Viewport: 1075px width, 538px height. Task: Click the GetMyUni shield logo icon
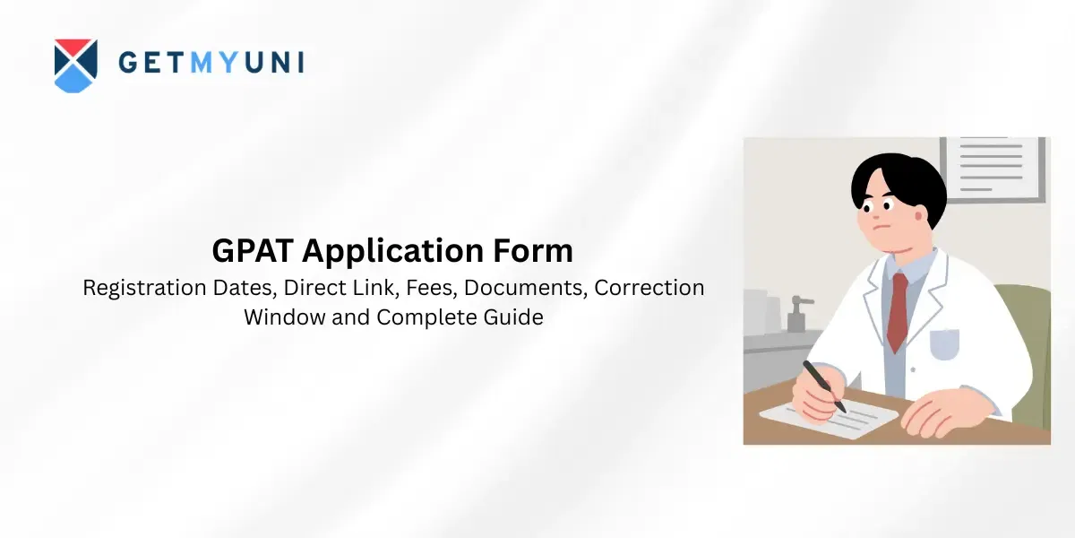[76, 65]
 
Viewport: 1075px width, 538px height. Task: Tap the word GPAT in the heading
[253, 250]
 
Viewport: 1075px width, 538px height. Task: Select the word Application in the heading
[392, 251]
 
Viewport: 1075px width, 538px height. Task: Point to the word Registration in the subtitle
[144, 288]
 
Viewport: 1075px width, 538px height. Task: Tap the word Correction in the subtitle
[649, 287]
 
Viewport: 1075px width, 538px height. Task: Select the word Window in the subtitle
[284, 317]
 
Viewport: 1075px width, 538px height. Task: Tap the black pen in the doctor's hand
[824, 386]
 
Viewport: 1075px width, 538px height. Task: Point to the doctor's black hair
[899, 185]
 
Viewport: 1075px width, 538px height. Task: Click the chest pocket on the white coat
[944, 344]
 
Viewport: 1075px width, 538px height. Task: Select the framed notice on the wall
[992, 169]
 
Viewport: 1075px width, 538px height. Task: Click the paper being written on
[829, 421]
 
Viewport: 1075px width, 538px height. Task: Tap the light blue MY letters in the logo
[214, 62]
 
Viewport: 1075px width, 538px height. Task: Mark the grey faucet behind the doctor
[798, 313]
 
